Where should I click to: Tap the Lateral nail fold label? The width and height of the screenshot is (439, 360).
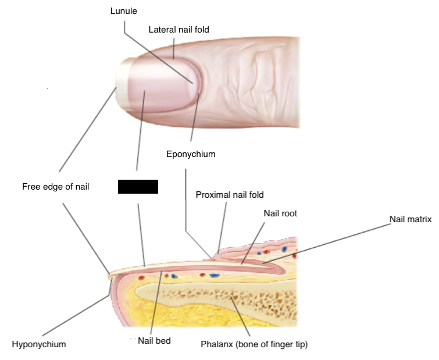[x=179, y=29]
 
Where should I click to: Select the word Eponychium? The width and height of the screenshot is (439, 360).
[x=191, y=154]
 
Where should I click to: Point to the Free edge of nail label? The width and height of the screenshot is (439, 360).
[x=55, y=187]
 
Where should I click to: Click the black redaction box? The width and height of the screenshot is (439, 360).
[x=138, y=187]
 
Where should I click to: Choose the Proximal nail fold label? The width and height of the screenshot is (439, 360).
[x=230, y=195]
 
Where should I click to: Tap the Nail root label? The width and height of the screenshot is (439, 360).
[x=280, y=213]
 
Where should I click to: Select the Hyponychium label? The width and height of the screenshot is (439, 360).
[x=39, y=344]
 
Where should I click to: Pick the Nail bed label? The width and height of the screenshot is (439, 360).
[x=154, y=341]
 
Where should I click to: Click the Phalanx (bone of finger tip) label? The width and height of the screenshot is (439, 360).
[x=254, y=344]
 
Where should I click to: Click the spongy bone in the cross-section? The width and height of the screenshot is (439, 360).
[x=256, y=297]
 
